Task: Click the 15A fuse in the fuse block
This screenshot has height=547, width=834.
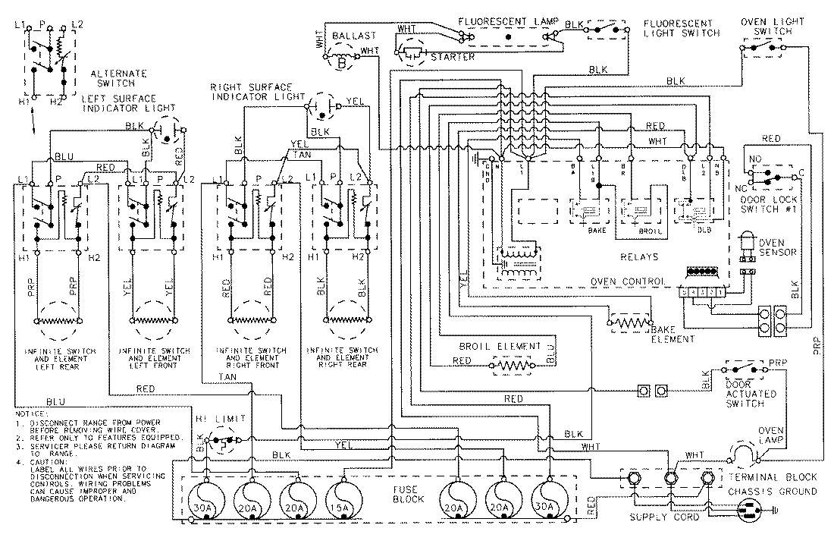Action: (x=340, y=501)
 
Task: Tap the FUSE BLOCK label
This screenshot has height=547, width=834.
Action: (x=403, y=496)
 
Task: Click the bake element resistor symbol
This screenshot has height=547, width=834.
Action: (x=628, y=325)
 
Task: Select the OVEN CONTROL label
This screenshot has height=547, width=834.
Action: (x=629, y=281)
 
